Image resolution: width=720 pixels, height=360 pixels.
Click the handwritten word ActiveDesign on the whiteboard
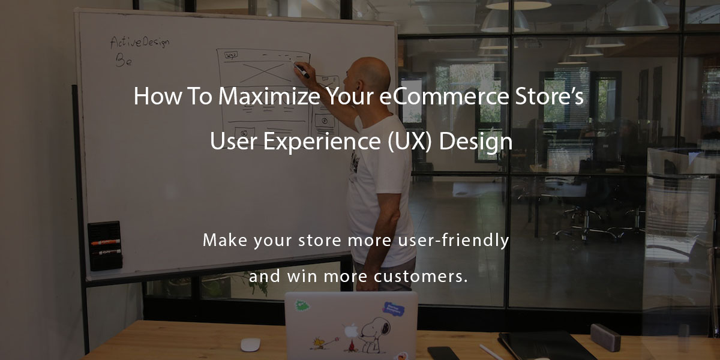click(140, 43)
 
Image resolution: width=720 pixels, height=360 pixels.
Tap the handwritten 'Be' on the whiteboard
click(123, 61)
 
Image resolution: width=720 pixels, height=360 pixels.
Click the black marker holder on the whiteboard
click(104, 245)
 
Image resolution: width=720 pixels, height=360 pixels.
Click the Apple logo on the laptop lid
click(351, 331)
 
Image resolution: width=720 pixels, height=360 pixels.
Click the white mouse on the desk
click(250, 344)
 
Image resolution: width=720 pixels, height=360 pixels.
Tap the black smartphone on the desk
click(442, 353)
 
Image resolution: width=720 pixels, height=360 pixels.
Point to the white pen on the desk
click(492, 352)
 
